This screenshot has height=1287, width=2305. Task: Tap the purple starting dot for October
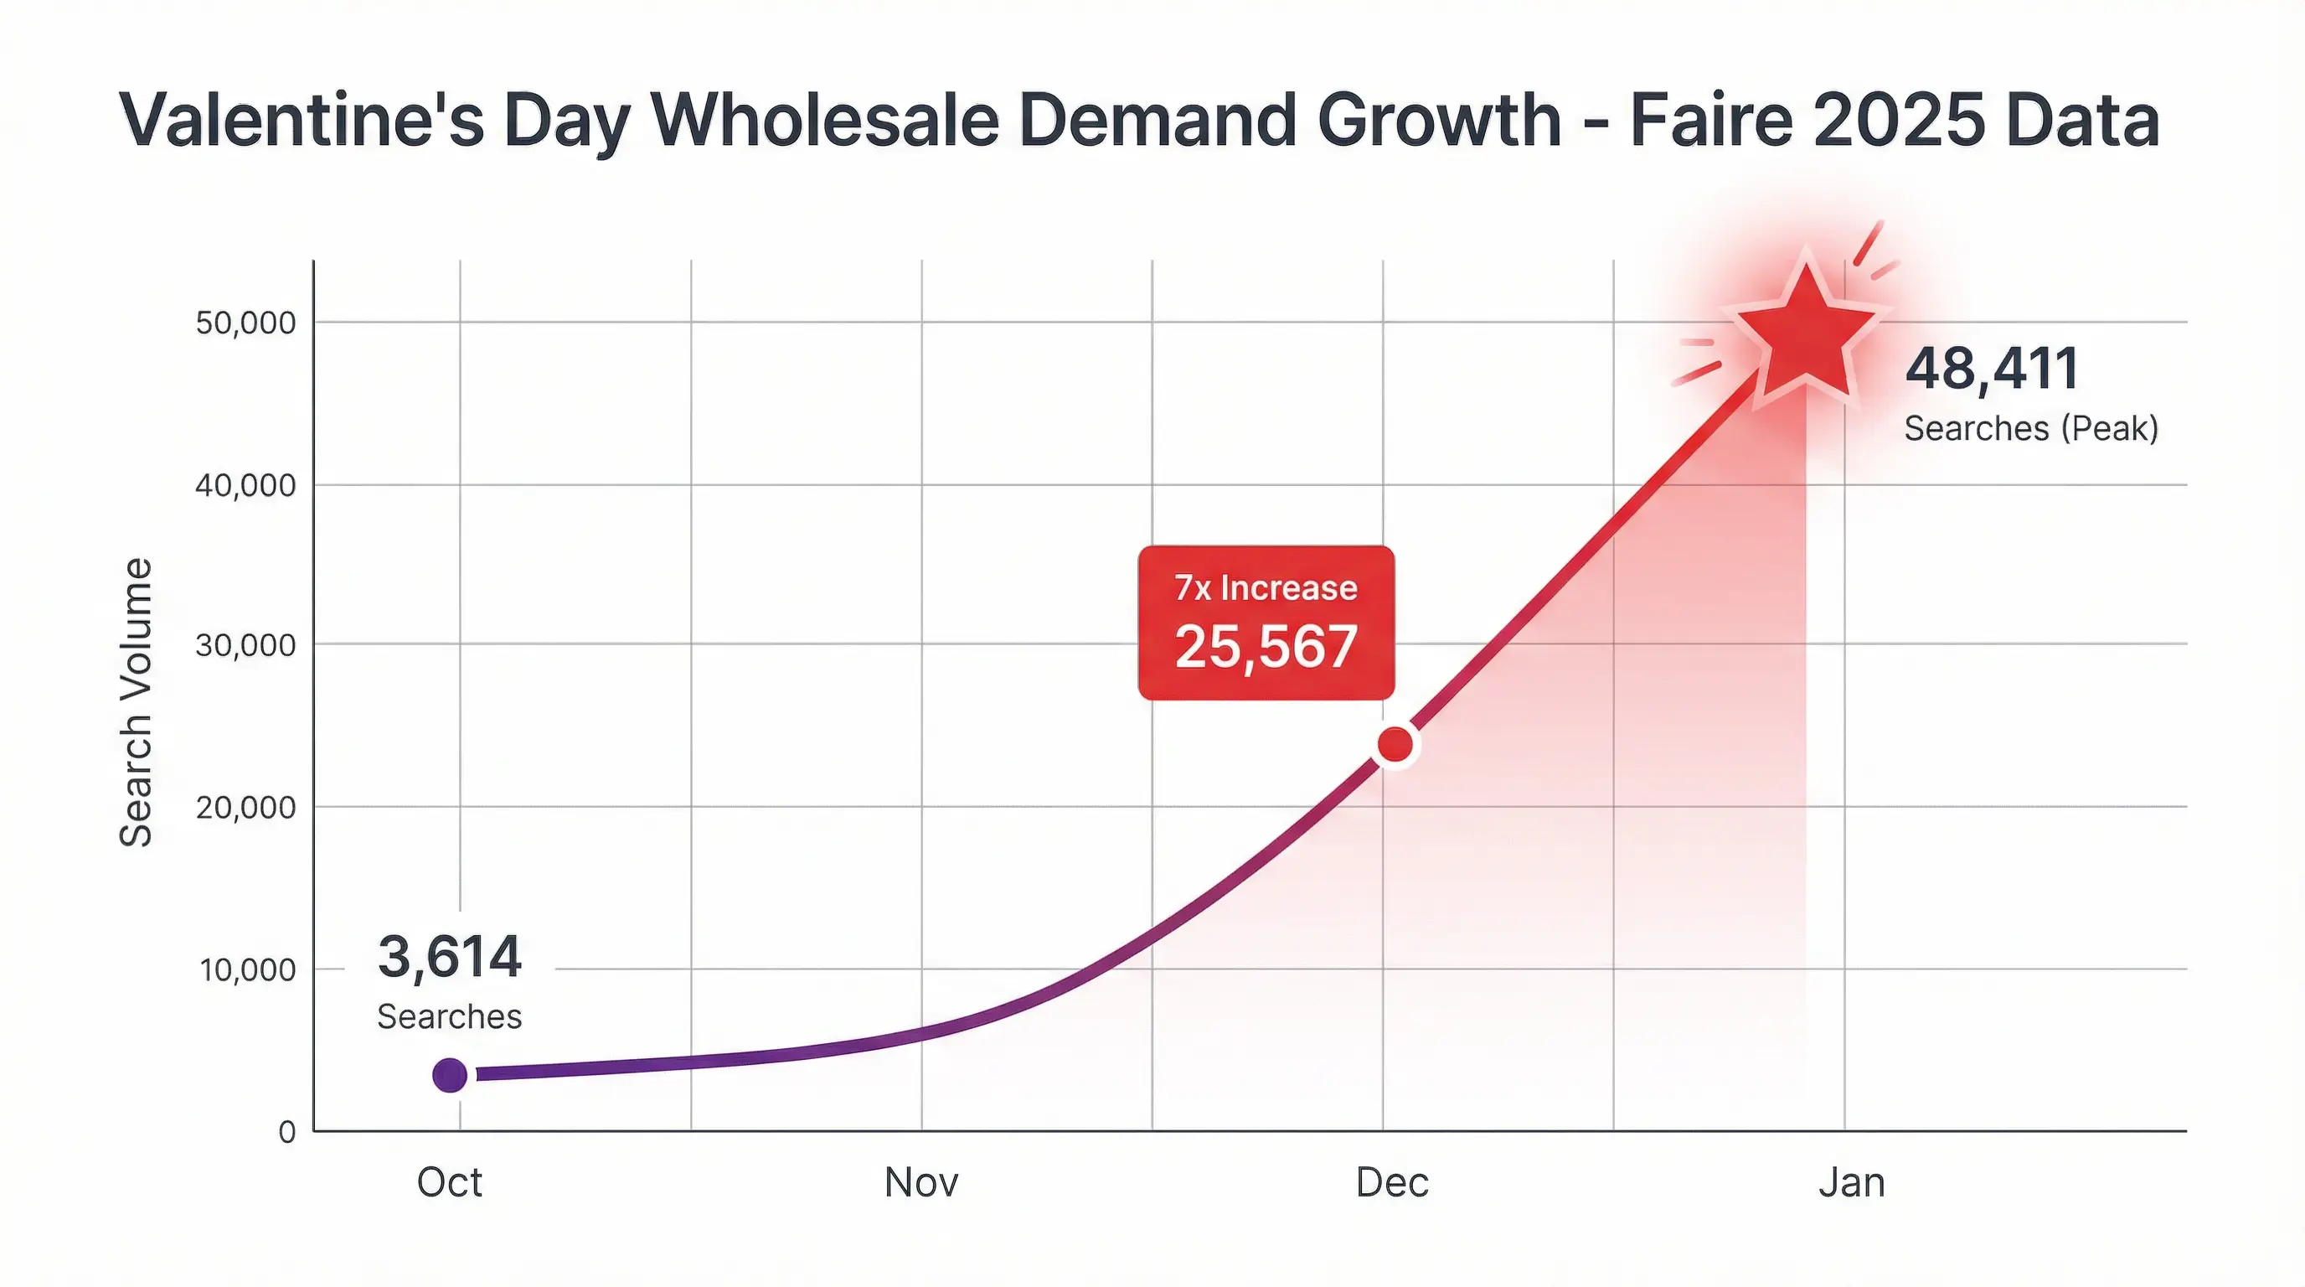pyautogui.click(x=449, y=1074)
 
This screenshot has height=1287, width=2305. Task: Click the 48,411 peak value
pyautogui.click(x=1992, y=368)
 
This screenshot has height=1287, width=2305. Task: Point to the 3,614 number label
pyautogui.click(x=449, y=956)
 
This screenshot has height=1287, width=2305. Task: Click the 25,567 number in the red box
pyautogui.click(x=1266, y=646)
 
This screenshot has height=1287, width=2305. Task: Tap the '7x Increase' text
pyautogui.click(x=1266, y=588)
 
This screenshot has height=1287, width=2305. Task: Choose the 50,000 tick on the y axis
pyautogui.click(x=245, y=323)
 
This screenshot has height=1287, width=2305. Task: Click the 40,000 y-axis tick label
pyautogui.click(x=245, y=485)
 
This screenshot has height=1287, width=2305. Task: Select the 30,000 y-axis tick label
pyautogui.click(x=245, y=644)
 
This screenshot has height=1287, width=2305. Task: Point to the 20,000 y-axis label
pyautogui.click(x=245, y=807)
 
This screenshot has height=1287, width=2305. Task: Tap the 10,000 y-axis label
pyautogui.click(x=247, y=969)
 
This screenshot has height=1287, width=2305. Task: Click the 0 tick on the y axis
pyautogui.click(x=287, y=1132)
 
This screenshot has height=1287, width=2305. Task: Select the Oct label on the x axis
pyautogui.click(x=449, y=1182)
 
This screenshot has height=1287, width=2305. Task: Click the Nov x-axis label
pyautogui.click(x=920, y=1182)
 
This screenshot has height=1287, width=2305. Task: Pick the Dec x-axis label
pyautogui.click(x=1391, y=1182)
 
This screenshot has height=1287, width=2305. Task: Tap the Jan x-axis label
pyautogui.click(x=1851, y=1182)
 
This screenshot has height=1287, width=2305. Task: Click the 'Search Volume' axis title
pyautogui.click(x=136, y=702)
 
